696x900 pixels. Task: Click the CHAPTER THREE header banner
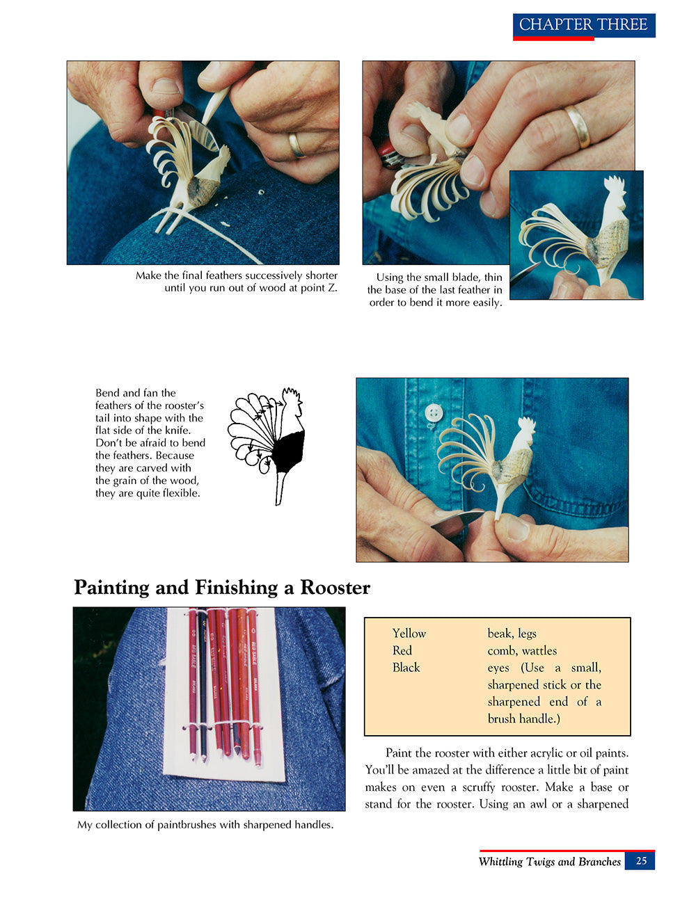[583, 25]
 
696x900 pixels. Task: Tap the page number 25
[640, 861]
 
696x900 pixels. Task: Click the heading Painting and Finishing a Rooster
[222, 588]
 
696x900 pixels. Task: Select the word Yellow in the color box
[409, 634]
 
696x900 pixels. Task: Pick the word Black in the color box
[406, 668]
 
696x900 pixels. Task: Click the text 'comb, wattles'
[522, 651]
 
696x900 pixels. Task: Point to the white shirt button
[434, 413]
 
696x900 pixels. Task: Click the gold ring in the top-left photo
[296, 145]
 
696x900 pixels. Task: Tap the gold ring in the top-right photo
[577, 126]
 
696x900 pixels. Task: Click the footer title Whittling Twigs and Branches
[549, 862]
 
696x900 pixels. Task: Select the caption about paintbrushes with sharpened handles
[205, 825]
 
